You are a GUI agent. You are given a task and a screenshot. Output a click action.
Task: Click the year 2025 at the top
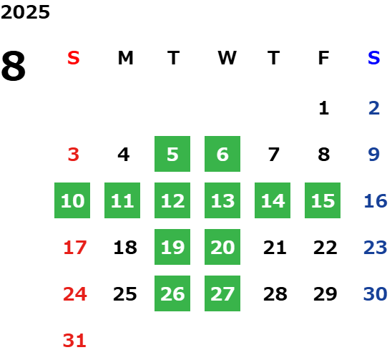click(25, 12)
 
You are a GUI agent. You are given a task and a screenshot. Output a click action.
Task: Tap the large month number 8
click(14, 66)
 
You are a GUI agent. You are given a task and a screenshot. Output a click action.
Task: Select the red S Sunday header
click(74, 58)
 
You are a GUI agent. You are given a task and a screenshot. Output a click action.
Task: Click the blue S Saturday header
click(373, 58)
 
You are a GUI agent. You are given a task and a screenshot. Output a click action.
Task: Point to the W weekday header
click(227, 58)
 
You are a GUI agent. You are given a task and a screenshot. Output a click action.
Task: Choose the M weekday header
click(125, 58)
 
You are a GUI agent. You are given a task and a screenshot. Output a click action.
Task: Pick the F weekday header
click(323, 58)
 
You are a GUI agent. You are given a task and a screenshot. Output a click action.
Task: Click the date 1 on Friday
click(324, 108)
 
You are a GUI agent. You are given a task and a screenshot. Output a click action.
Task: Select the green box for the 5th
click(172, 154)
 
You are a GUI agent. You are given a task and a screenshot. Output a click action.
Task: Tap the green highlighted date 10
click(72, 200)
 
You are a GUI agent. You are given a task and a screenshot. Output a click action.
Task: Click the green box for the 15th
click(323, 200)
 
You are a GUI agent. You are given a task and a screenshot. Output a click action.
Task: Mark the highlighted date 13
click(222, 200)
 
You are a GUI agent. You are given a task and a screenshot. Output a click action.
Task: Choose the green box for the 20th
click(222, 247)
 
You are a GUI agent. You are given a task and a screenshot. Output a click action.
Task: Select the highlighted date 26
click(172, 293)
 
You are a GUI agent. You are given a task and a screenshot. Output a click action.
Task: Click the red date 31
click(74, 341)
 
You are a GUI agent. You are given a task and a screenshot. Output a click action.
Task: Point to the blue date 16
click(376, 200)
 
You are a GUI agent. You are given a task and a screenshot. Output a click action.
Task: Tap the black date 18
click(125, 248)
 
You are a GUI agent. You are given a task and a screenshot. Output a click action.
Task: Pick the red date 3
click(74, 155)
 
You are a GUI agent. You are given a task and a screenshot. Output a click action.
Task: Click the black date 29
click(325, 294)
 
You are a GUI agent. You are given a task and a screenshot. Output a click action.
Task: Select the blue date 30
click(376, 294)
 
